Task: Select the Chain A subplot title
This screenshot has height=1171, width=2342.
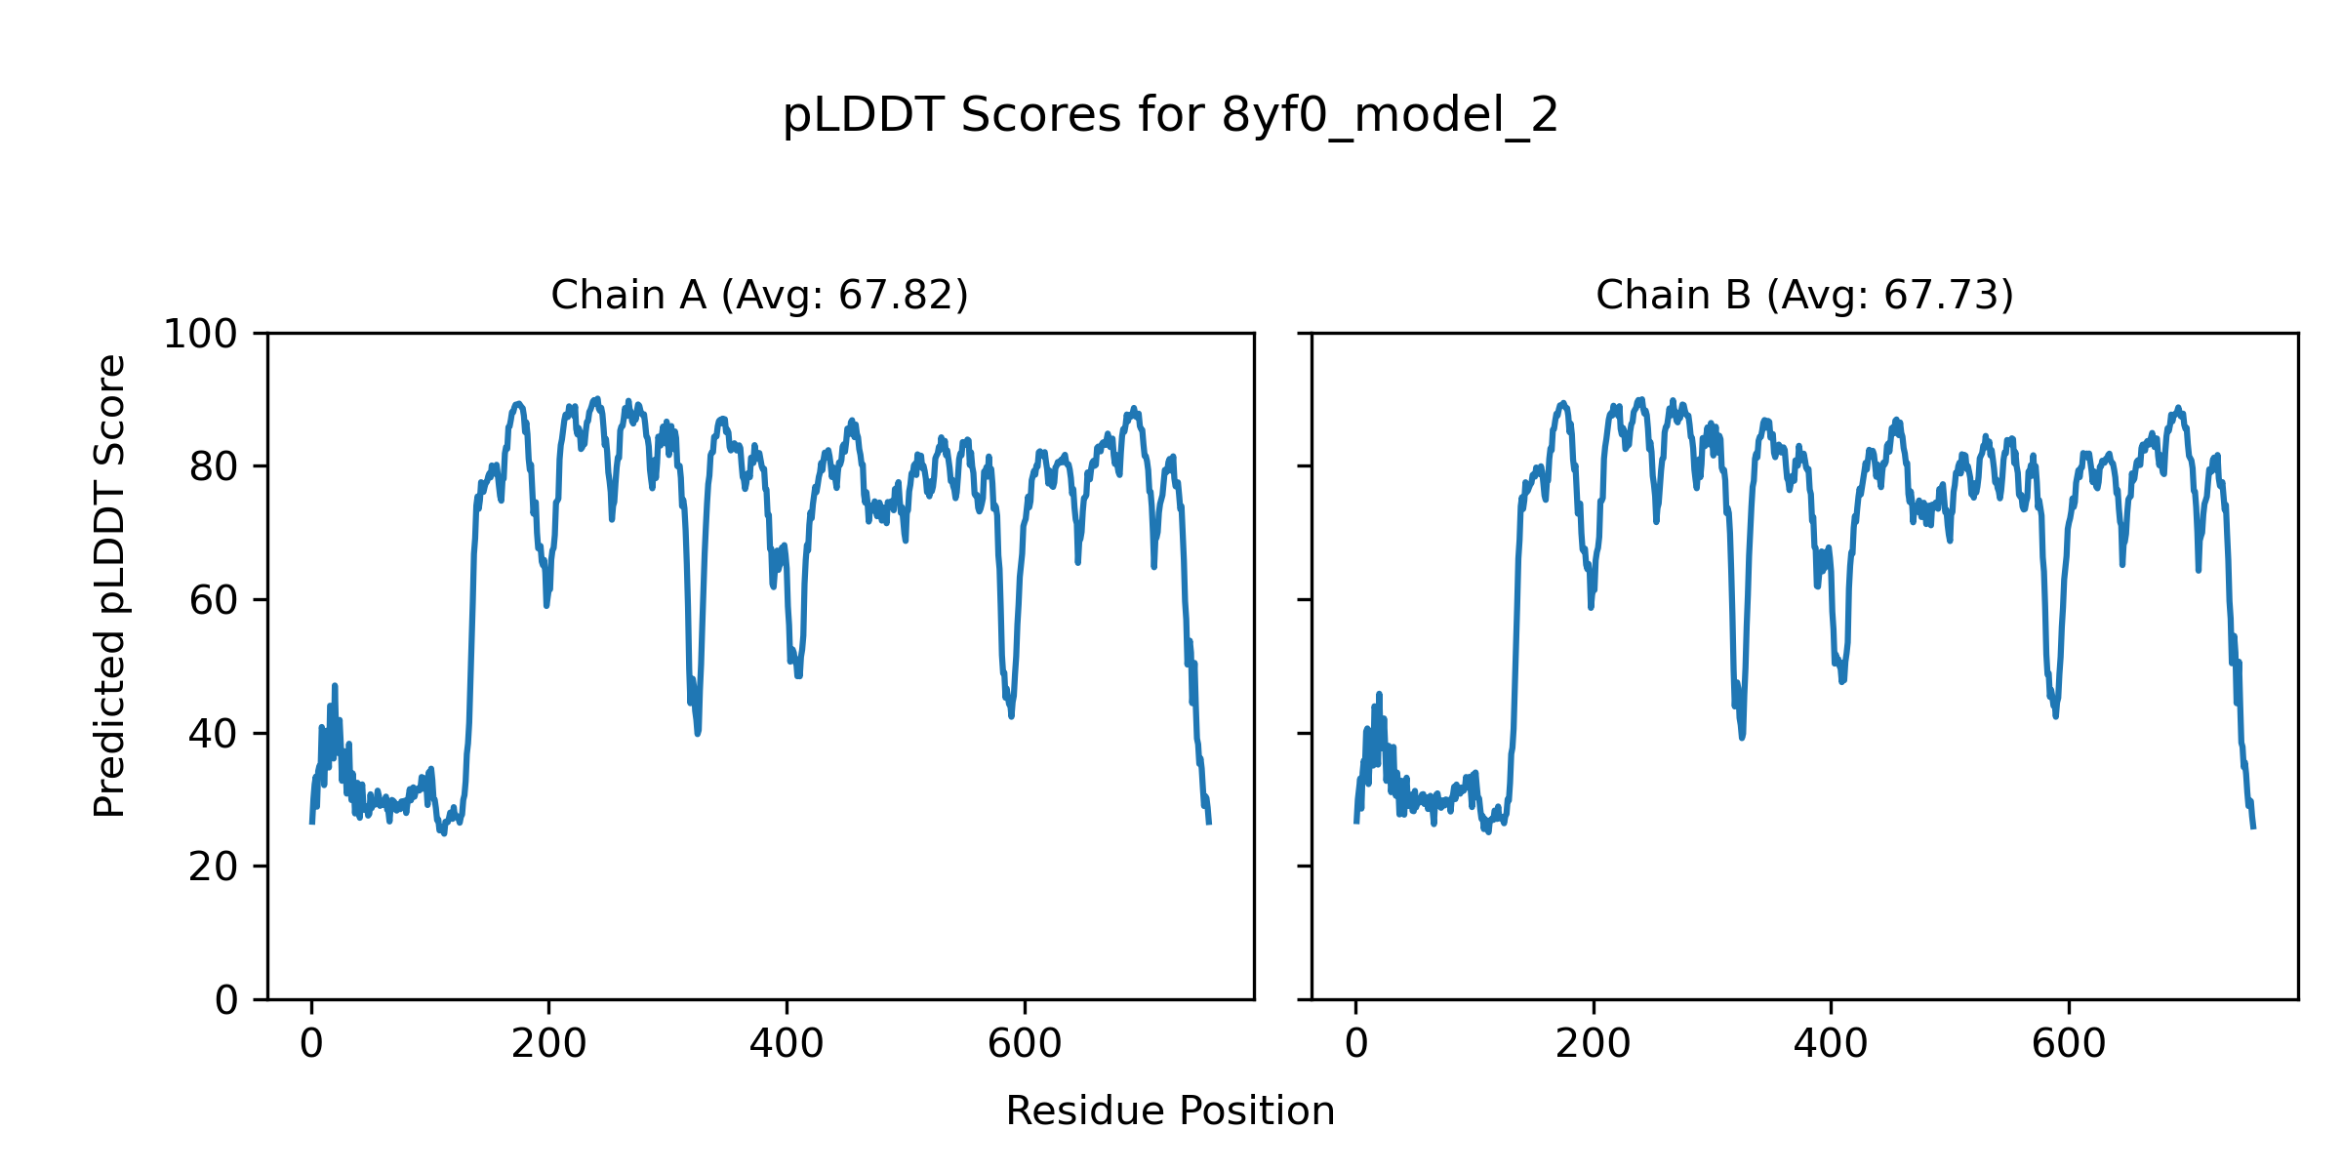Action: (x=759, y=295)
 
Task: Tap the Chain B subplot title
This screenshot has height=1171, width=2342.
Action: (x=1804, y=295)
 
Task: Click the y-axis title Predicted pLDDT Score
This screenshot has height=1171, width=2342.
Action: (x=109, y=585)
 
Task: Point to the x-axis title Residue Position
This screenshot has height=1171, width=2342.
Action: (x=1170, y=1110)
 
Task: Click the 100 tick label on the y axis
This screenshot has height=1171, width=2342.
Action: (x=200, y=335)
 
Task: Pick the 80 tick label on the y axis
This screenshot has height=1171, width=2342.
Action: (x=214, y=467)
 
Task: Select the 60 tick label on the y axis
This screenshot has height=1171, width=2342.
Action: (x=214, y=601)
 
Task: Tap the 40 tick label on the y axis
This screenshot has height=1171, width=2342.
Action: (x=214, y=734)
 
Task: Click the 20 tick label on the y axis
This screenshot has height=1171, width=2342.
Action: (x=214, y=867)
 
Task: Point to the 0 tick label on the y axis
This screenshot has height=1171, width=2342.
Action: (x=226, y=1000)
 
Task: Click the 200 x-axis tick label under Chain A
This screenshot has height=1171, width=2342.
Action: (x=548, y=1044)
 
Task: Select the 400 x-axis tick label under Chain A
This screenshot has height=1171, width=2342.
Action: (x=787, y=1044)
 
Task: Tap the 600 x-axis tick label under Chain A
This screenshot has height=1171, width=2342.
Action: (x=1025, y=1044)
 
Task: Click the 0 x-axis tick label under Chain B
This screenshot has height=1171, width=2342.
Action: (x=1356, y=1044)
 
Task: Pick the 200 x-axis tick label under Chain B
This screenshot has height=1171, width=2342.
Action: (x=1594, y=1044)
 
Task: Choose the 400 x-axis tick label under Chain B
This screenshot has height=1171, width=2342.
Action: (x=1831, y=1044)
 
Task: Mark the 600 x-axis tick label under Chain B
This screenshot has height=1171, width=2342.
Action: (x=2069, y=1044)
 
